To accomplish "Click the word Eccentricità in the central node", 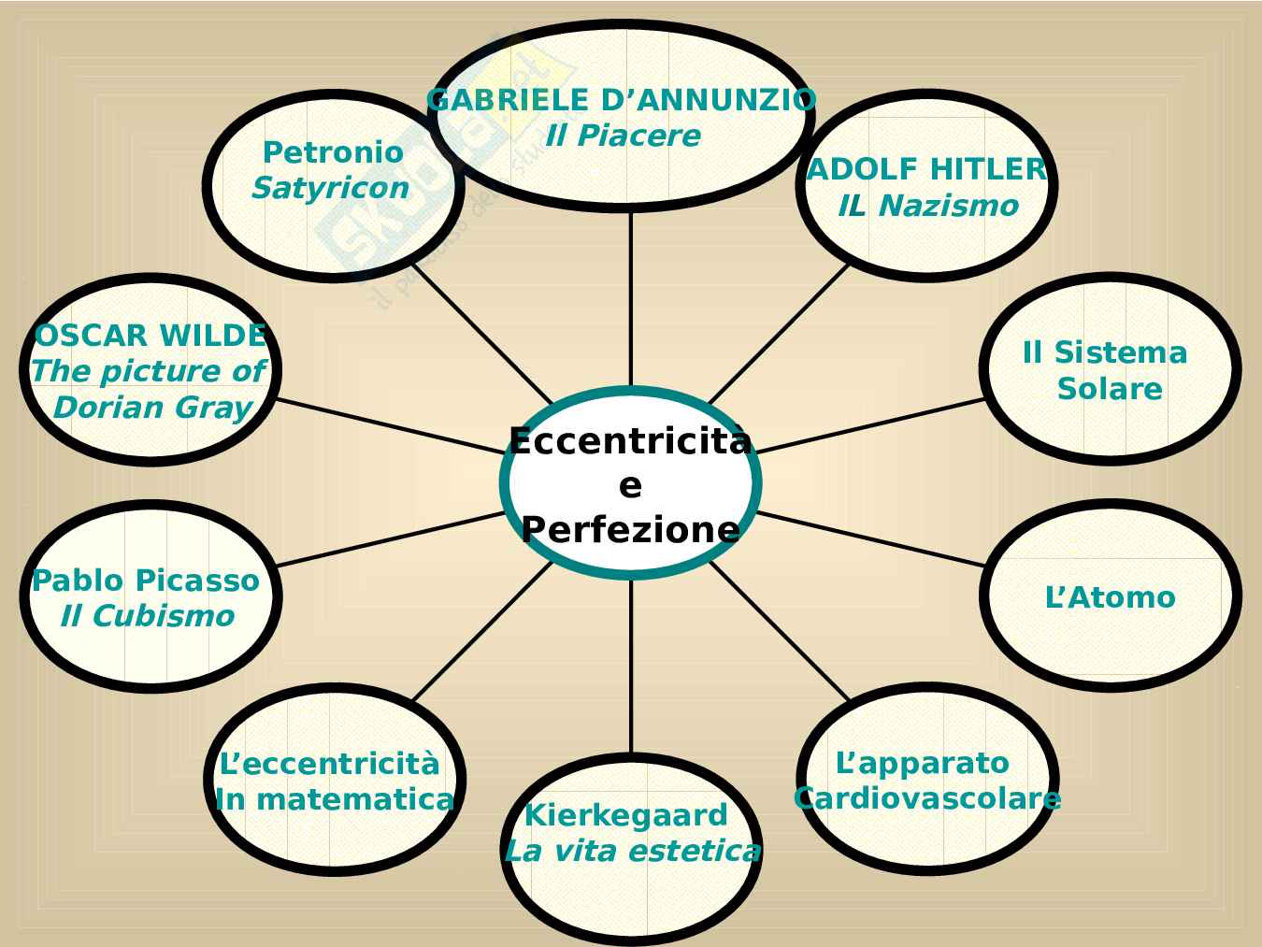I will pyautogui.click(x=630, y=440).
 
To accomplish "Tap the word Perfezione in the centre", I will pyautogui.click(x=630, y=529).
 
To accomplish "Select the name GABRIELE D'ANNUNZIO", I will pyautogui.click(x=622, y=99).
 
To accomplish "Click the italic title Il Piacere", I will pyautogui.click(x=623, y=136).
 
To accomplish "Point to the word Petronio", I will pyautogui.click(x=333, y=151).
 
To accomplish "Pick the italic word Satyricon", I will pyautogui.click(x=331, y=188).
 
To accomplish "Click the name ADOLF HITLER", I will pyautogui.click(x=926, y=169).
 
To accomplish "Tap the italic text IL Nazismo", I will pyautogui.click(x=927, y=206).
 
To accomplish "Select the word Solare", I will pyautogui.click(x=1110, y=388).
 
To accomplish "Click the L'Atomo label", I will pyautogui.click(x=1110, y=596).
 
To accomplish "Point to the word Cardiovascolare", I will pyautogui.click(x=926, y=798).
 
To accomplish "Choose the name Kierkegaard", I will pyautogui.click(x=625, y=815).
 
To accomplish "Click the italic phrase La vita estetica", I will pyautogui.click(x=632, y=852).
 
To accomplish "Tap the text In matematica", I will pyautogui.click(x=335, y=799).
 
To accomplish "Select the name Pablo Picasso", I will pyautogui.click(x=146, y=580).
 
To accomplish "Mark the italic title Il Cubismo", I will pyautogui.click(x=147, y=616).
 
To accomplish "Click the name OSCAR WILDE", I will pyautogui.click(x=151, y=335).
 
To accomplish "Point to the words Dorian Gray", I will pyautogui.click(x=152, y=408).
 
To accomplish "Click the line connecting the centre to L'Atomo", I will pyautogui.click(x=869, y=538).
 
